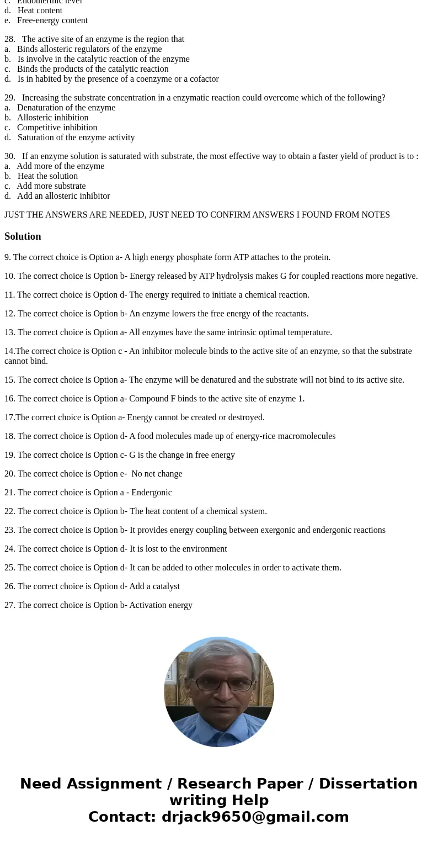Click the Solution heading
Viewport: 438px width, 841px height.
point(23,236)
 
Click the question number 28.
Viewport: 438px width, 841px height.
point(9,39)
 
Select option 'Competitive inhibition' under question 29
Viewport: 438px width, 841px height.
point(57,128)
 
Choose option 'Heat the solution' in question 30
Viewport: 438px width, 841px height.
point(47,176)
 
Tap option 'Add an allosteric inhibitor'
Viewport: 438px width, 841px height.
point(63,196)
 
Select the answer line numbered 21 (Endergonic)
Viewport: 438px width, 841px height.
point(88,493)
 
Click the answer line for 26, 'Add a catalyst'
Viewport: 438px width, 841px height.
point(92,586)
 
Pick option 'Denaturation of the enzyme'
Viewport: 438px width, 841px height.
point(66,108)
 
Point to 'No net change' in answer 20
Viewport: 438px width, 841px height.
point(157,474)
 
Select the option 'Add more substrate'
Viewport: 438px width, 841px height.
point(51,186)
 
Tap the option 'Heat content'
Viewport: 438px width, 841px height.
point(40,10)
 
